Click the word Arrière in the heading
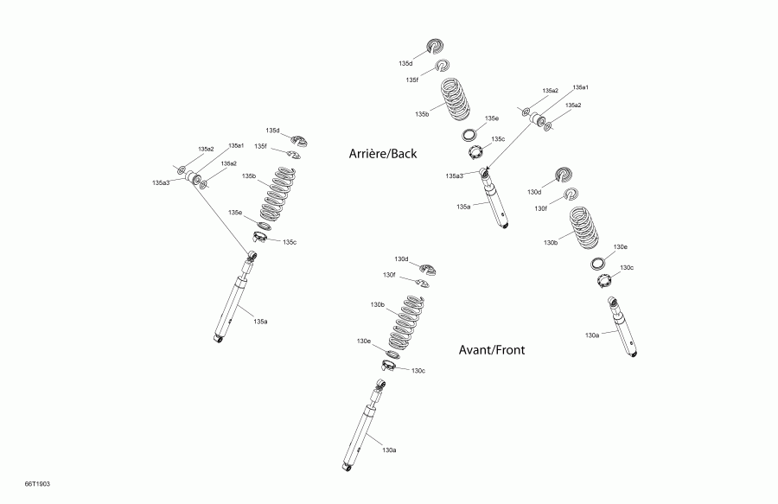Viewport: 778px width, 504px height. click(x=367, y=154)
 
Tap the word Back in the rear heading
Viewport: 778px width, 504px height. click(x=404, y=154)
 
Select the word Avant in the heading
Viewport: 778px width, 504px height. click(x=476, y=350)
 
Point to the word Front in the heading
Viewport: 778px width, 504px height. click(x=509, y=350)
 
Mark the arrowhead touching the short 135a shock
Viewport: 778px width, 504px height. click(x=488, y=170)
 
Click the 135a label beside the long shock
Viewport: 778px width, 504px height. click(x=260, y=322)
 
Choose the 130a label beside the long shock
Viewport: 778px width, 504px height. click(x=389, y=450)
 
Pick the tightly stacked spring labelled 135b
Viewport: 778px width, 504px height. click(x=456, y=102)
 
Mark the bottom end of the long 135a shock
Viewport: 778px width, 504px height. click(x=217, y=337)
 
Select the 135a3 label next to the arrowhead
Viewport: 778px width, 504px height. click(x=455, y=176)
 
